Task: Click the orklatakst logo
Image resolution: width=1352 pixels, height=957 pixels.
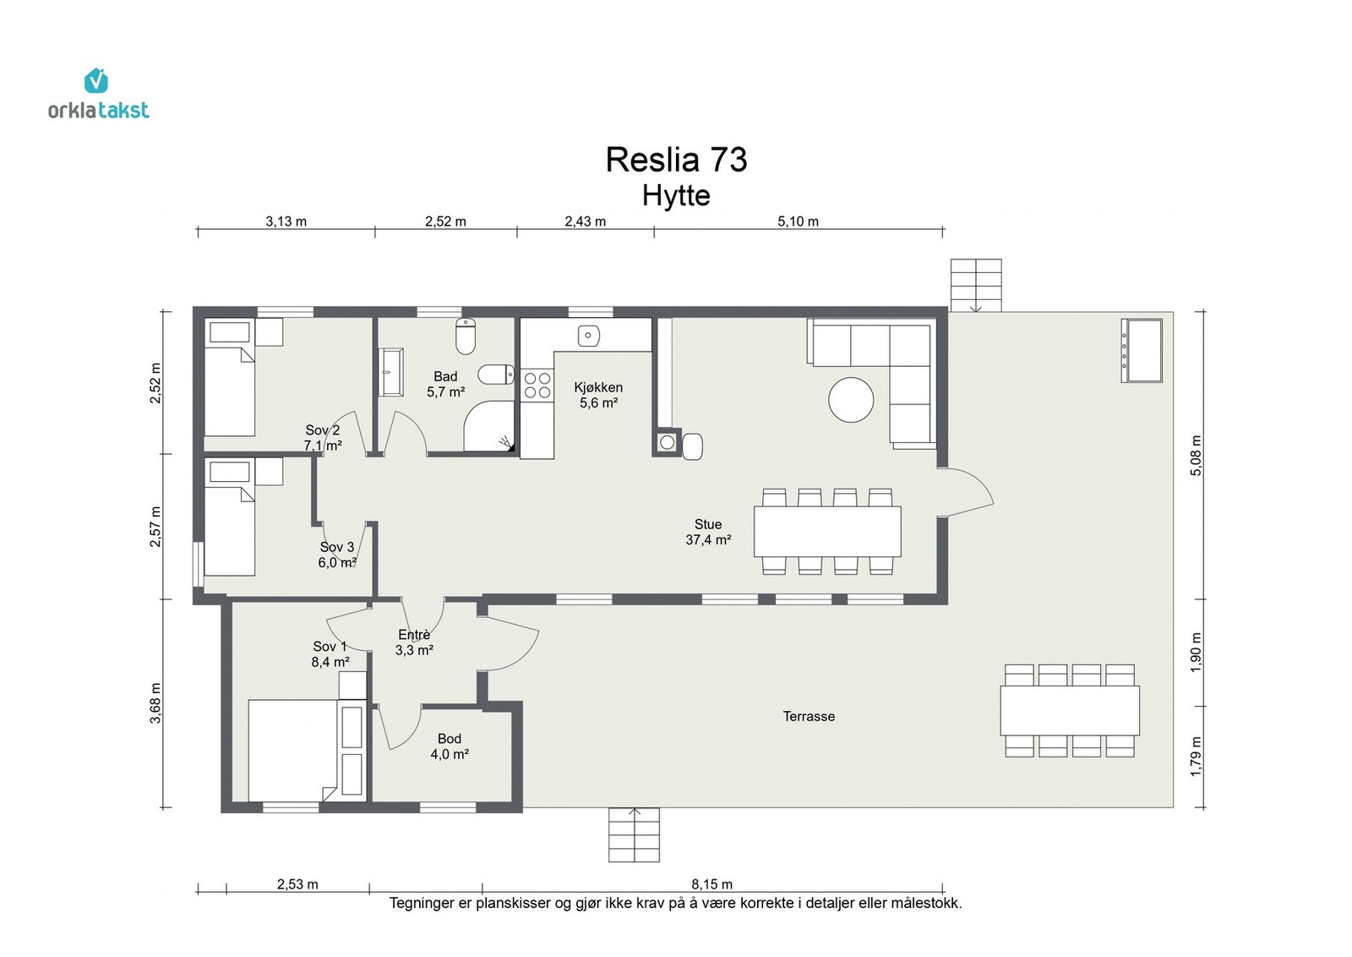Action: click(x=98, y=94)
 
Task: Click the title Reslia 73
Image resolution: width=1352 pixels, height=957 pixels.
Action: click(x=676, y=160)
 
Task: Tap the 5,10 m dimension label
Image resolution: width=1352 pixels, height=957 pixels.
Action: click(x=798, y=221)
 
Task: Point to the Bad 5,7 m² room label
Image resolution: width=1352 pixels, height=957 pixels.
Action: click(x=445, y=385)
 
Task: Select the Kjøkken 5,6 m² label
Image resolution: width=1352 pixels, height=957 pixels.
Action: click(x=598, y=395)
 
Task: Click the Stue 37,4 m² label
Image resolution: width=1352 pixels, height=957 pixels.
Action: click(x=708, y=532)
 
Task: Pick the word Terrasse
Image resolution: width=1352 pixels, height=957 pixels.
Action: click(x=809, y=717)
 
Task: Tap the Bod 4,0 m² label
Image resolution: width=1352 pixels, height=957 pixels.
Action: click(x=450, y=746)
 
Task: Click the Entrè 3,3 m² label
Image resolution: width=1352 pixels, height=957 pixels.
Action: click(x=414, y=643)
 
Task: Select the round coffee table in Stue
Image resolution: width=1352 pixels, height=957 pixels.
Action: click(x=851, y=400)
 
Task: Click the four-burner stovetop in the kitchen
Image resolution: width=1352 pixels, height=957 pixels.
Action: click(x=537, y=386)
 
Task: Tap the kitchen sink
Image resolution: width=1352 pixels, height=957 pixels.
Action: click(x=588, y=336)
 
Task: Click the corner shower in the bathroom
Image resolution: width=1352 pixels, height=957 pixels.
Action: click(x=489, y=426)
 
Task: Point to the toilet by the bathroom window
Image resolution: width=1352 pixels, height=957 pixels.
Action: click(x=466, y=336)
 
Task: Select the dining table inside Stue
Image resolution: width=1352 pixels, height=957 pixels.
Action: click(x=827, y=531)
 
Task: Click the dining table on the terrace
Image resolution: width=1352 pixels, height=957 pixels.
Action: click(x=1070, y=711)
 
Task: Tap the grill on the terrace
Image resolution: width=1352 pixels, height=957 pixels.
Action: click(x=1142, y=351)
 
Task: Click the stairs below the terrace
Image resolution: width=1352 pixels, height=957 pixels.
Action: click(x=634, y=835)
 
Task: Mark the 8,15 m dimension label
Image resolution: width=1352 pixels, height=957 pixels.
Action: click(x=712, y=884)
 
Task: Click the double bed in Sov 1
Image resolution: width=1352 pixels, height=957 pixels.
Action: click(x=292, y=751)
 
